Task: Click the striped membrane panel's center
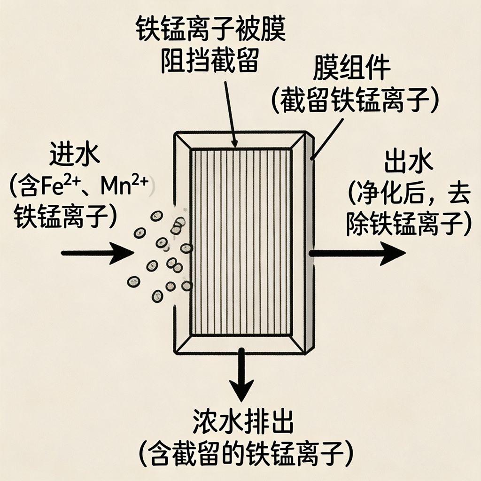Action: tap(240, 242)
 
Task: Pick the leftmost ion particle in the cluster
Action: tap(134, 281)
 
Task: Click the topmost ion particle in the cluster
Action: tap(156, 216)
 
